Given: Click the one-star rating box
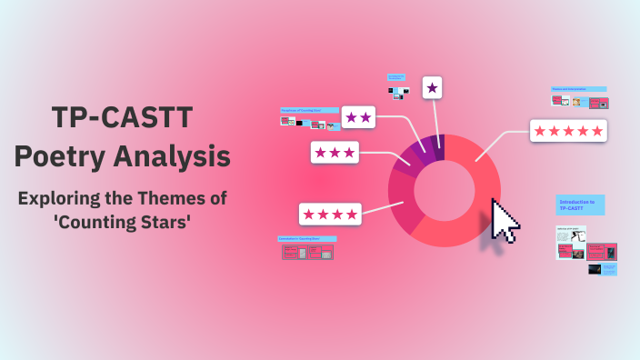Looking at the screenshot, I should click(433, 87).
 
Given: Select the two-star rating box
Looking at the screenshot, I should click(358, 116).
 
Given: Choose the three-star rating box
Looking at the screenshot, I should click(335, 152).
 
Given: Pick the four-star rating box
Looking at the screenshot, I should click(330, 214).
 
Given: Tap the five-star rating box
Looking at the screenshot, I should click(568, 131).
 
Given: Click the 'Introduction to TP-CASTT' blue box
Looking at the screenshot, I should click(580, 205).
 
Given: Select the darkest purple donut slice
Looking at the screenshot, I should click(438, 146).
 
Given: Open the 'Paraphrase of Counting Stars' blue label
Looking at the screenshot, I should click(309, 110).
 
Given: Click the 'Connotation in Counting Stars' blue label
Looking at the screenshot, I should click(306, 239).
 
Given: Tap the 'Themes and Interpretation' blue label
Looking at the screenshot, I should click(578, 89).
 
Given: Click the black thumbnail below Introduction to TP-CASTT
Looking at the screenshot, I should click(599, 270).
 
